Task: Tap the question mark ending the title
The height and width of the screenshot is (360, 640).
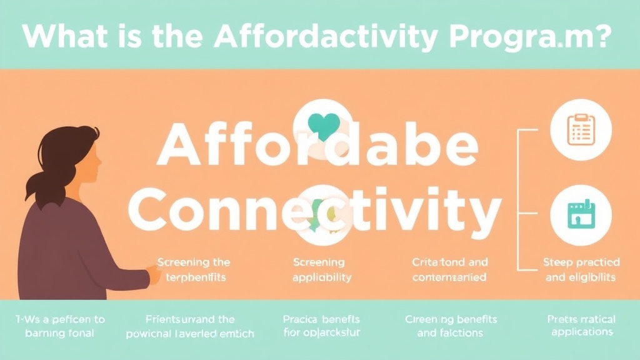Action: (x=601, y=36)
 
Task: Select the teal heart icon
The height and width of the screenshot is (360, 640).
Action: (x=324, y=125)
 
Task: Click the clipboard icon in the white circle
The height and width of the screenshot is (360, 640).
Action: (x=581, y=130)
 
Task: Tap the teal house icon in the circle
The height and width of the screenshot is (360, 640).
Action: (x=581, y=215)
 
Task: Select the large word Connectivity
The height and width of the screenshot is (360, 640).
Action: (x=319, y=209)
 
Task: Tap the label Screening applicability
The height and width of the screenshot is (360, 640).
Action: (x=322, y=269)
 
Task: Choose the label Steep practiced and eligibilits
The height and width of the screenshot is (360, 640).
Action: (x=581, y=269)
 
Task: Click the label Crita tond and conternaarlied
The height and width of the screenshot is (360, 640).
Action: (x=450, y=269)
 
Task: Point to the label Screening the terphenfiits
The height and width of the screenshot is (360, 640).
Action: (x=193, y=269)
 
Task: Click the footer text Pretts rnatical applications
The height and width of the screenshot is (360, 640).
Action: (x=581, y=326)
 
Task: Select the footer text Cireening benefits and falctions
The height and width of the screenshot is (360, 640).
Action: (x=450, y=326)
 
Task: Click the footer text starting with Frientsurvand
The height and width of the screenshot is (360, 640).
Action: (x=189, y=326)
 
